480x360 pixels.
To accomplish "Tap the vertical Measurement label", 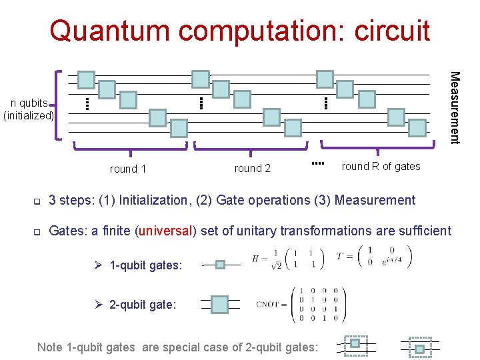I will pos(454,107).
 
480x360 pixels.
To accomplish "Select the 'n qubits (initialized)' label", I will pos(29,109).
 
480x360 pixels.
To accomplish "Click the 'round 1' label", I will pos(128,169).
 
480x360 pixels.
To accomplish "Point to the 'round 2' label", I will pos(253,169).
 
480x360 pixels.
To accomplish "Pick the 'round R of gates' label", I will pos(381,167).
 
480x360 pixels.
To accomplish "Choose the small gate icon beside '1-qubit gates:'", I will pos(221,265).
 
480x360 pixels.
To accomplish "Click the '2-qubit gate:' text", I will pos(142,305).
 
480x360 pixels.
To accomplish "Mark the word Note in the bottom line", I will pos(50,347).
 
